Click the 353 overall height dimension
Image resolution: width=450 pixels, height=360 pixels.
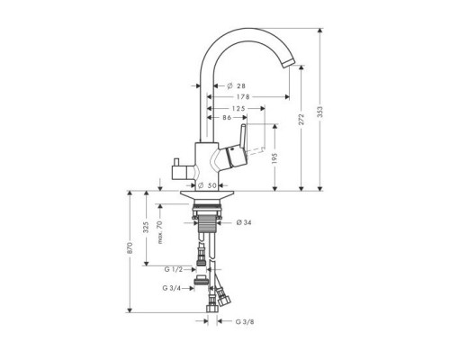(320, 112)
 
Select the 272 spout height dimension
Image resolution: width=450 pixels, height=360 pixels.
(301, 119)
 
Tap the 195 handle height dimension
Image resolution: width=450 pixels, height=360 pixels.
(275, 158)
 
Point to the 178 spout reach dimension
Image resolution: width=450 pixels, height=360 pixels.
(243, 97)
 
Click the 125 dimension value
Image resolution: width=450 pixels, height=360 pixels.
(238, 108)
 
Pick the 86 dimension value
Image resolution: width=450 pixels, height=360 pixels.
(227, 118)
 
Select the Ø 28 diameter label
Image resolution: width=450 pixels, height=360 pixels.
(237, 86)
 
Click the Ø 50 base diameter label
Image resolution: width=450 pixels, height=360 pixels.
(208, 185)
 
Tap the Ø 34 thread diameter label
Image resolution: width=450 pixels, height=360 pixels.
(244, 222)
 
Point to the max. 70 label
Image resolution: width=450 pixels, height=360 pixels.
(160, 232)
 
